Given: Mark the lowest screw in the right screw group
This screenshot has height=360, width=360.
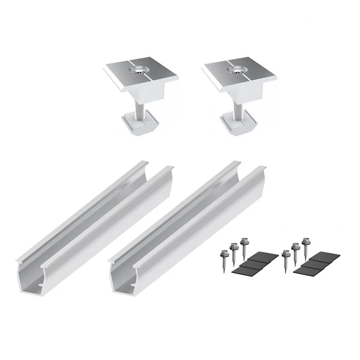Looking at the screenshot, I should (x=285, y=258).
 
